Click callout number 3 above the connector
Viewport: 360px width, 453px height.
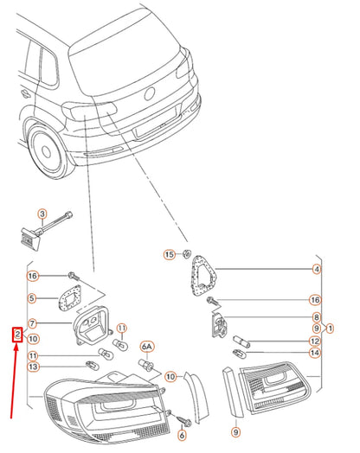42,214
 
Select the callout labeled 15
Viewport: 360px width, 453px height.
170,254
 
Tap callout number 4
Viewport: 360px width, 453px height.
317,269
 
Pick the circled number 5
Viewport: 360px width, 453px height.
32,298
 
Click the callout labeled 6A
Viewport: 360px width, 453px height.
147,347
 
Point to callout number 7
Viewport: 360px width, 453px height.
32,323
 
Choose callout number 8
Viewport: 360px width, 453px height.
317,317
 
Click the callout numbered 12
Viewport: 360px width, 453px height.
315,341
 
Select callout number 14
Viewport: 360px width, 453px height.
315,353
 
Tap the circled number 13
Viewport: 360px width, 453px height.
33,367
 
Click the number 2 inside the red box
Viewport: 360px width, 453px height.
17,335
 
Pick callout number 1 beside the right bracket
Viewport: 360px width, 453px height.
330,329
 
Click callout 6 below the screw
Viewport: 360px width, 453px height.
182,435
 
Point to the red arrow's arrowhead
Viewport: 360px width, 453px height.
16,348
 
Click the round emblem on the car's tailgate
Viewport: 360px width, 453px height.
150,93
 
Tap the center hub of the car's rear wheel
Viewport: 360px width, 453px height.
46,151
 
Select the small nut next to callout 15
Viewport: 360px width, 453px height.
187,253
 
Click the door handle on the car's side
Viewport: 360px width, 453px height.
26,93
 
